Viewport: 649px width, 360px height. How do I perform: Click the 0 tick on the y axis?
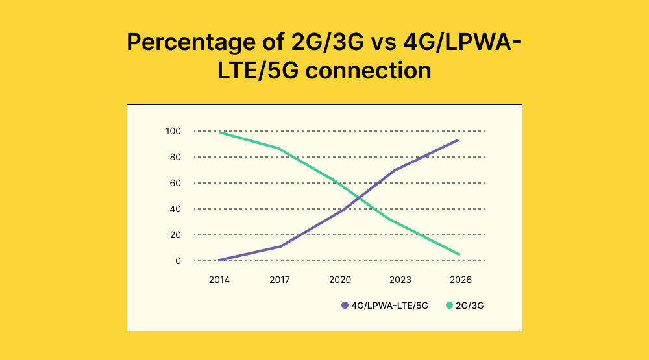click(x=177, y=261)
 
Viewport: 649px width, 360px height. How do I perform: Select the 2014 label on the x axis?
click(x=219, y=280)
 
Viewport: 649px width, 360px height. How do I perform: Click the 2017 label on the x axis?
click(x=279, y=280)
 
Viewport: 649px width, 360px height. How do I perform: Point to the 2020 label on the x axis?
click(x=339, y=280)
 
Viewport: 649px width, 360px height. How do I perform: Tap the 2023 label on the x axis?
click(x=400, y=280)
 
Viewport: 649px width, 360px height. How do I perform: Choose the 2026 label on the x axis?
click(x=460, y=280)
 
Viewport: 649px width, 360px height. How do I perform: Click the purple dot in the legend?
click(x=345, y=305)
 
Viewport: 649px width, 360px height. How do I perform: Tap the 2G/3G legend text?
click(x=470, y=305)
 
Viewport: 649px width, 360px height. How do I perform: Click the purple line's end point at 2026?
click(x=459, y=139)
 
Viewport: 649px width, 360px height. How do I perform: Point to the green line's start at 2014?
click(x=220, y=132)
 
